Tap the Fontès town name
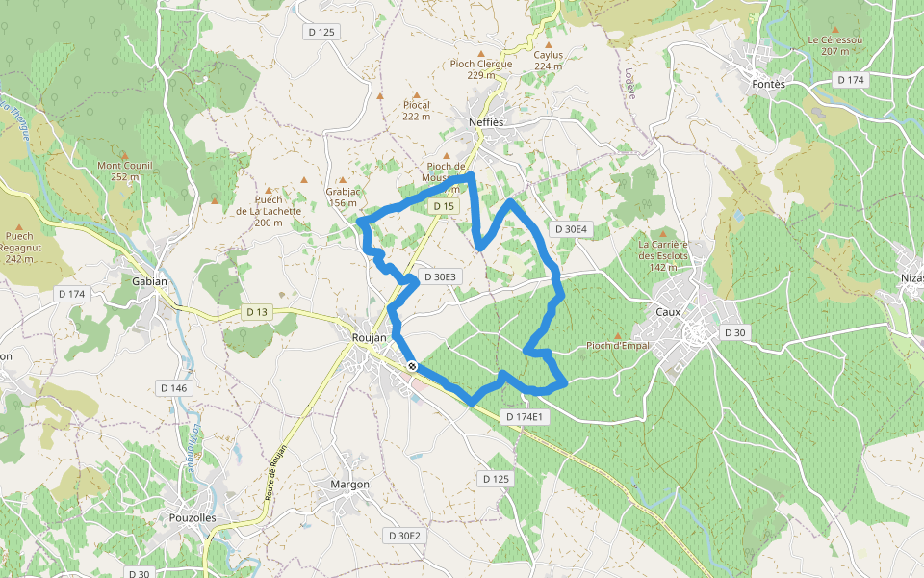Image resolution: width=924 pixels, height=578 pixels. pos(767,84)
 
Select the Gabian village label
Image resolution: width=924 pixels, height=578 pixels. pos(149,282)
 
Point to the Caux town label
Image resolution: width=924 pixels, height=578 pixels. pos(668,311)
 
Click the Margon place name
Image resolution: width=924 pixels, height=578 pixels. pos(349,484)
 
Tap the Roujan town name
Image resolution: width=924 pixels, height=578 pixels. pos(370,337)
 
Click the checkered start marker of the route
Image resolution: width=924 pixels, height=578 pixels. pos(412,366)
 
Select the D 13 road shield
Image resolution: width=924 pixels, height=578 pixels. pos(257,312)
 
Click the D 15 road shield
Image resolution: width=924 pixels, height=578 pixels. pos(443,207)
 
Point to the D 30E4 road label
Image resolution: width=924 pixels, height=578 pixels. pos(571,229)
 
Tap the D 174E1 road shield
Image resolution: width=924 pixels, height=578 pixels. pos(525,417)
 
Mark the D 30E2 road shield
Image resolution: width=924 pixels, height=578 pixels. pos(404,535)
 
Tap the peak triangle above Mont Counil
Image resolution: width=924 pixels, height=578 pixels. pos(124,153)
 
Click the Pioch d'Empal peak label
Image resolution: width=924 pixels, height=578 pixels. pos(618,346)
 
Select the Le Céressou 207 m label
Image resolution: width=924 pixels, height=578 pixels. pos(834,45)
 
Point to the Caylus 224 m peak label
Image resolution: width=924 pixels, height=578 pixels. pos(548,60)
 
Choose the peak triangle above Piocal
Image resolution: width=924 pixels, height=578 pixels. pos(416,94)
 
